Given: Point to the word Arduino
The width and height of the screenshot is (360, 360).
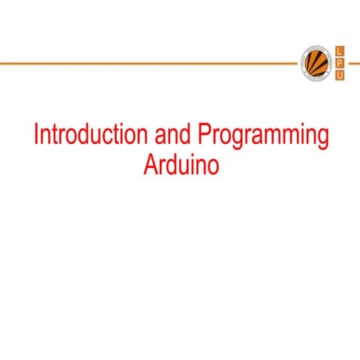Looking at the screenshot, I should [x=181, y=164].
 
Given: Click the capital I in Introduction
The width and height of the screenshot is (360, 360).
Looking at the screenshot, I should [x=37, y=136].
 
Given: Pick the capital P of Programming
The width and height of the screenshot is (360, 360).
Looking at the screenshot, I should [x=204, y=136].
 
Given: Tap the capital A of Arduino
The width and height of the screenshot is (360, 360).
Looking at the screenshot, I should [x=148, y=164].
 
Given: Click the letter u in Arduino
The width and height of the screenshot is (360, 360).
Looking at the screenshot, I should [x=181, y=165].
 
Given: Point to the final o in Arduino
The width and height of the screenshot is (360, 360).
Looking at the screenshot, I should [x=212, y=165].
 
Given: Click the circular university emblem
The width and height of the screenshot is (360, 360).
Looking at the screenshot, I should [x=315, y=63].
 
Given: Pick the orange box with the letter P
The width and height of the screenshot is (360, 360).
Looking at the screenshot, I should [x=340, y=63].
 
